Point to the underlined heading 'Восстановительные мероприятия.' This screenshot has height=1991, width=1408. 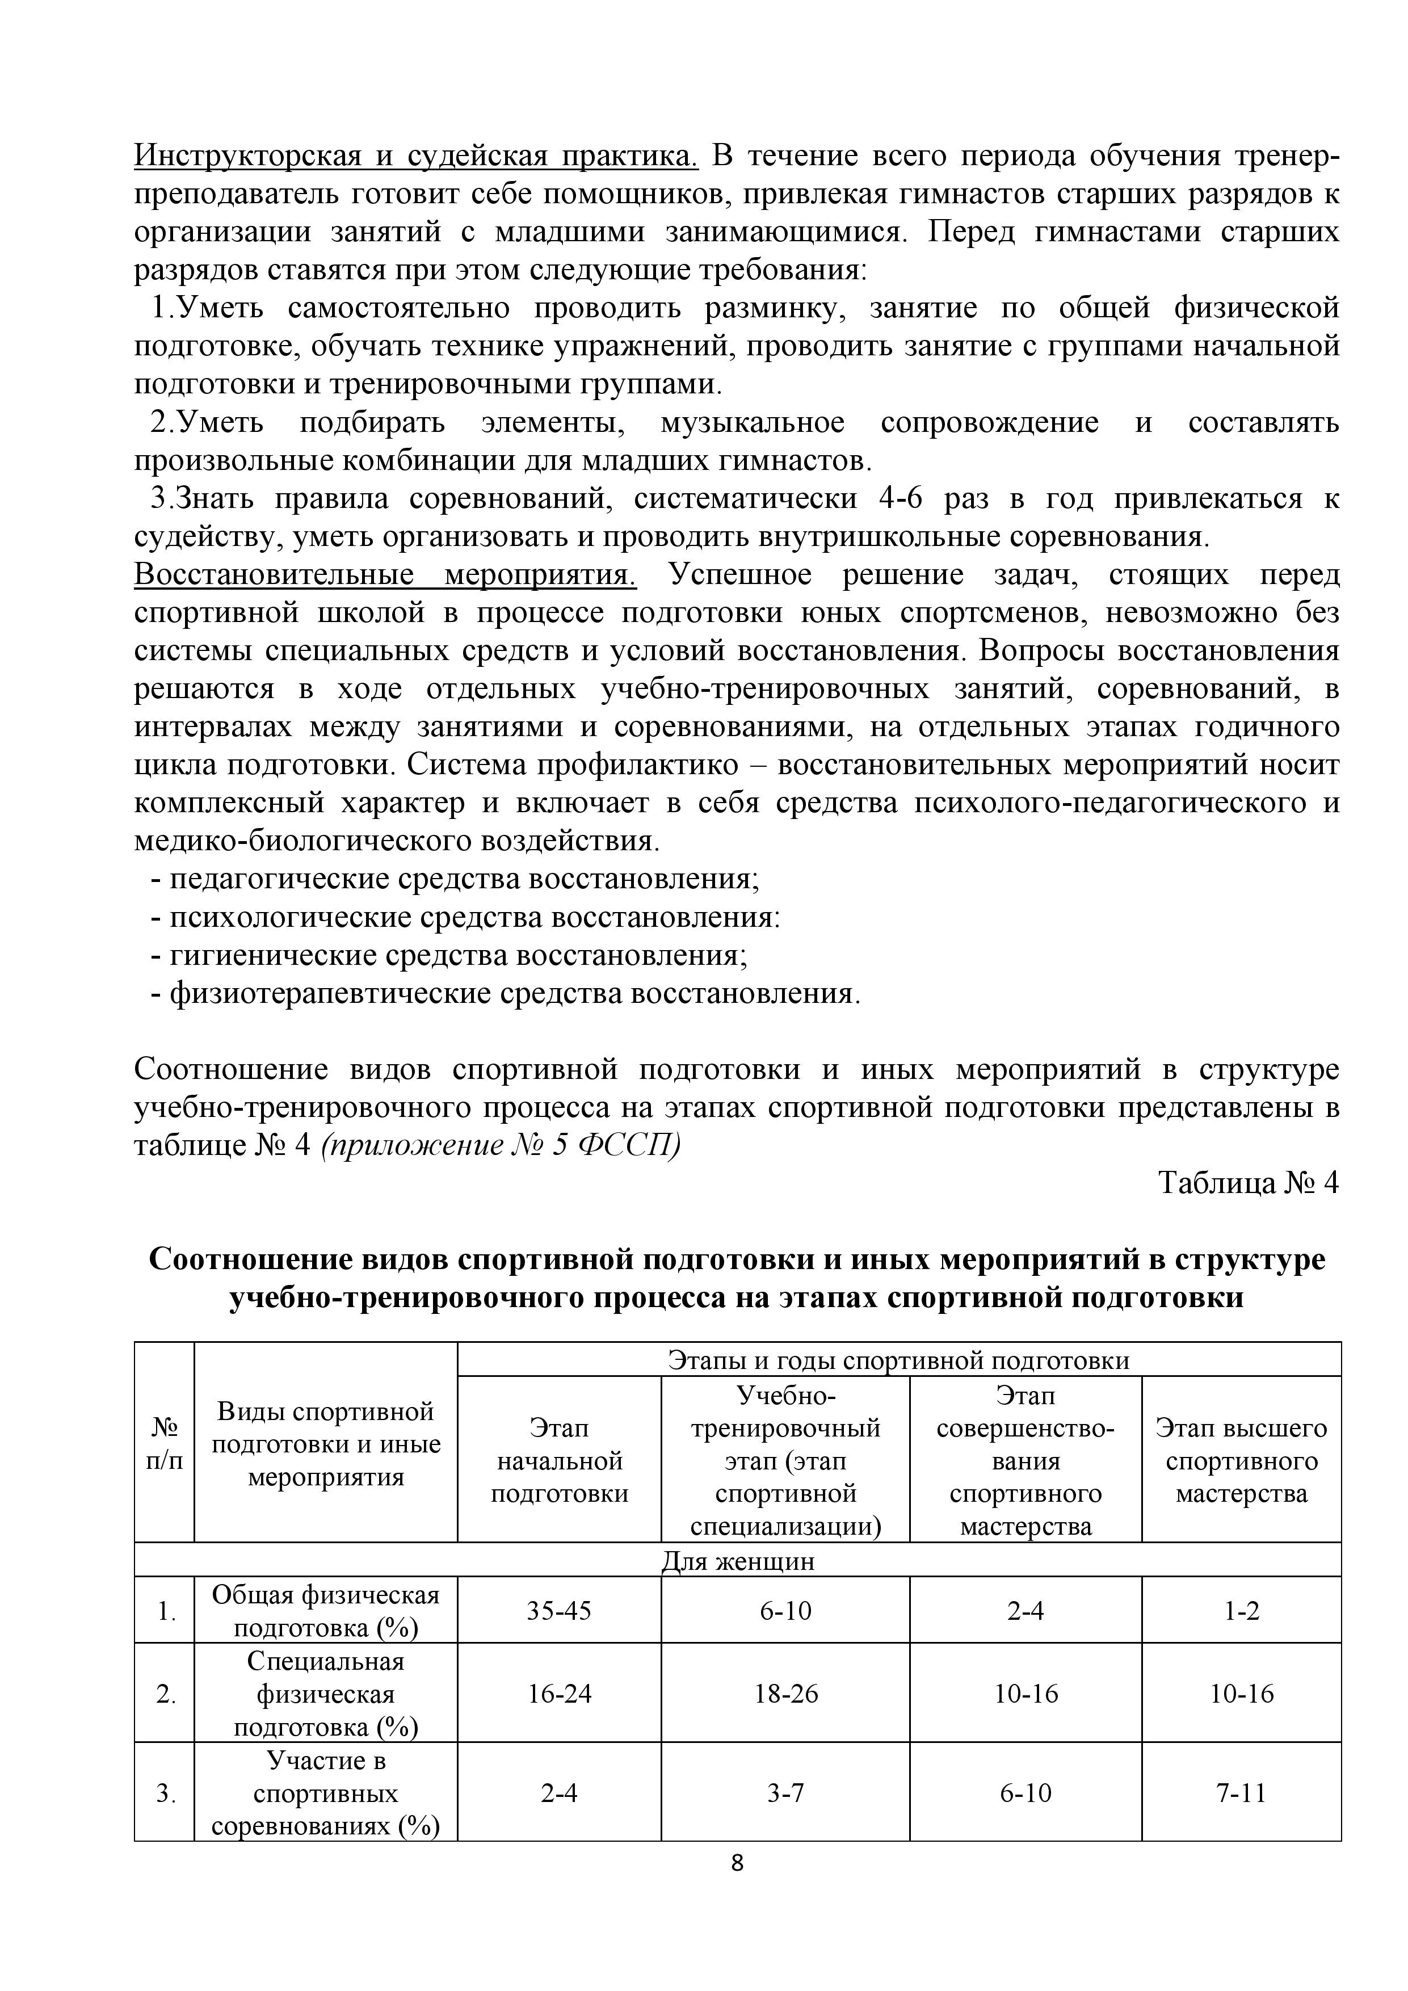(386, 575)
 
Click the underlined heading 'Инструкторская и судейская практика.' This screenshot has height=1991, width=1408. (416, 156)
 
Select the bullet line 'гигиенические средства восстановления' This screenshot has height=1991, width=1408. (458, 956)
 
